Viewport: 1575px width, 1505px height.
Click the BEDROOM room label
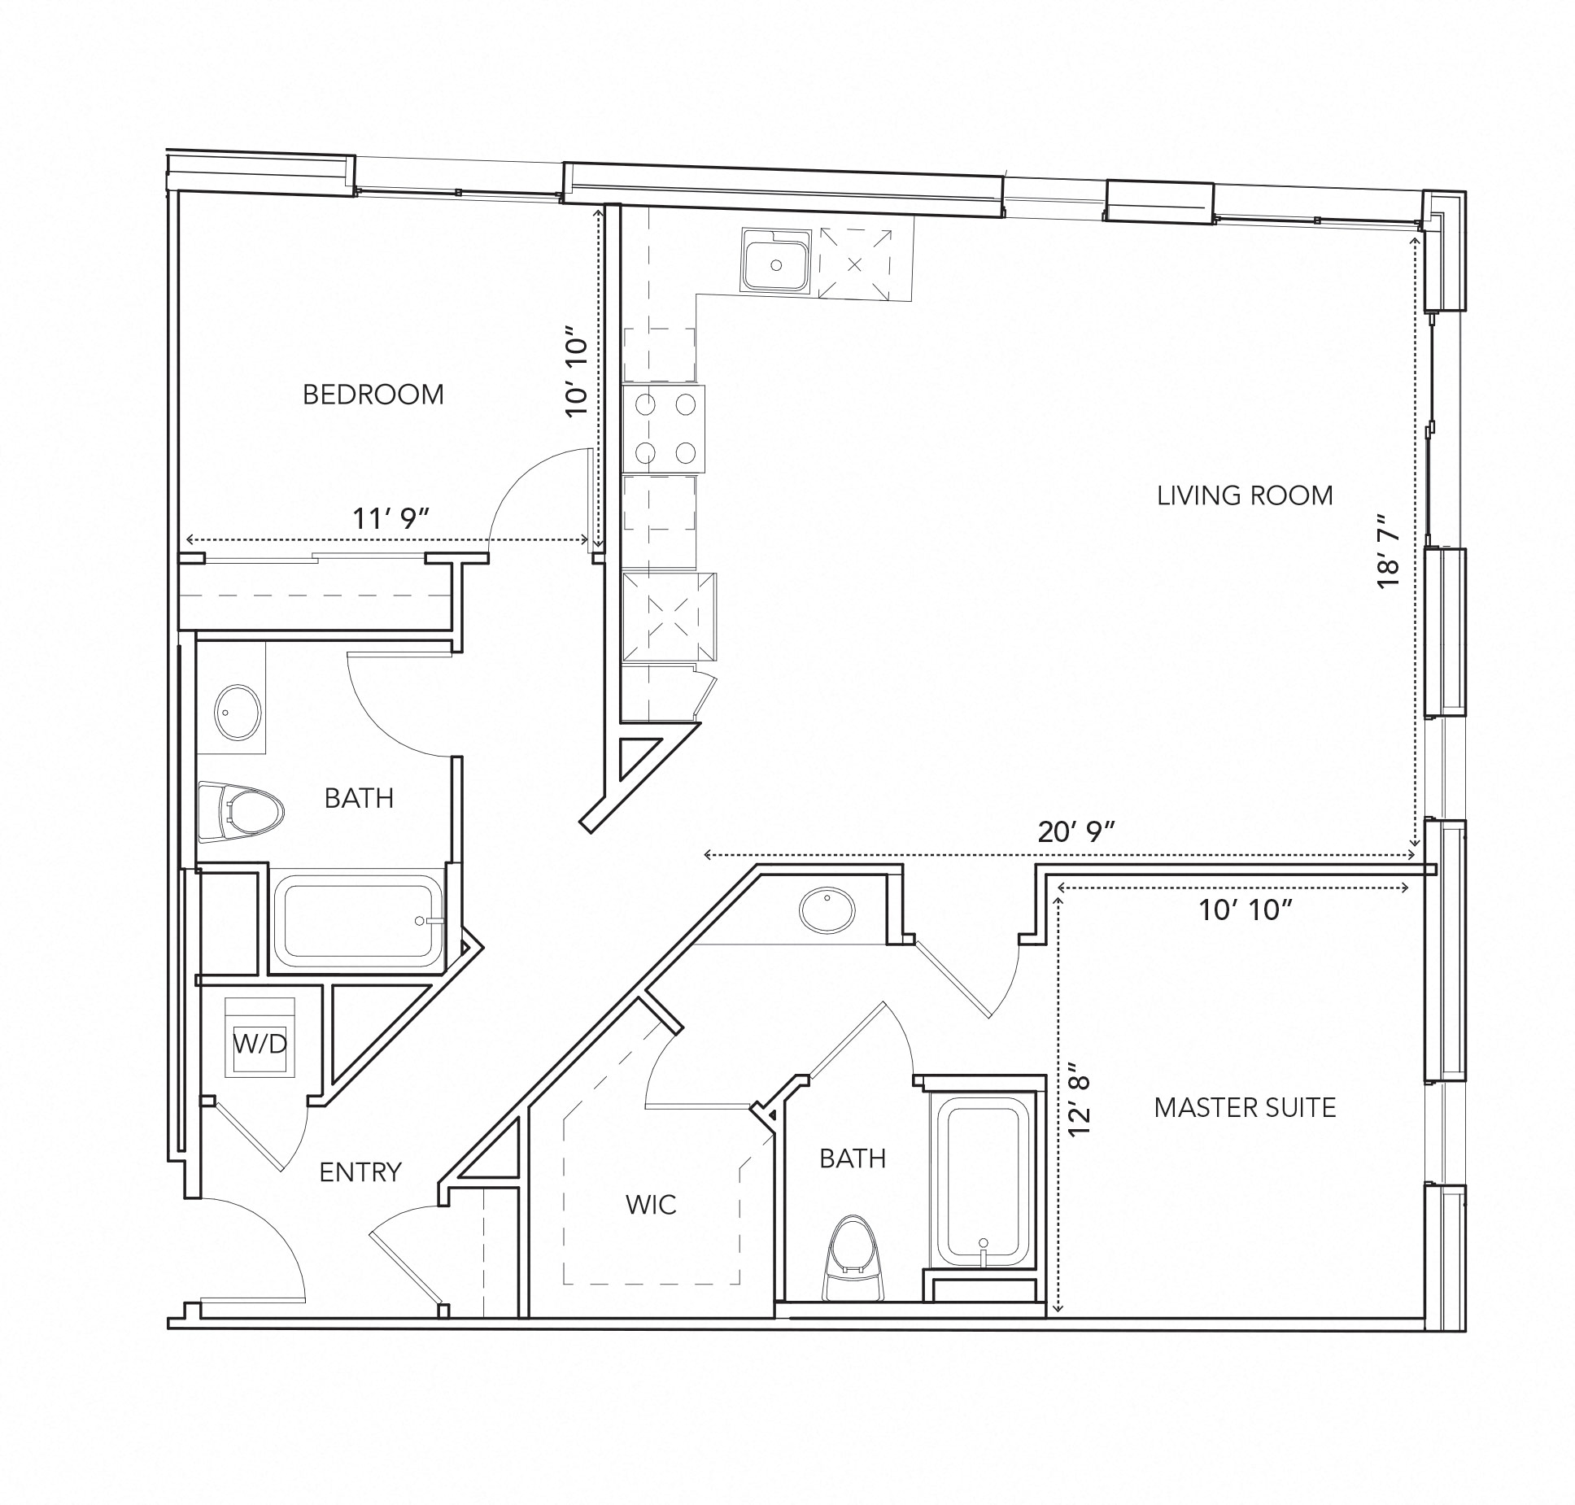pos(373,395)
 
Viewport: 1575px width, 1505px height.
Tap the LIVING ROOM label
pos(1244,495)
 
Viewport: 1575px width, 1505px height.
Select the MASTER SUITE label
pos(1244,1107)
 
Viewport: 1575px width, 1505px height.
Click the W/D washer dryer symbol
pos(260,1044)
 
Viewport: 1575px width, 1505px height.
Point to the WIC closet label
pos(651,1205)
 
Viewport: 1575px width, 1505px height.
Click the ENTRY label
pos(360,1172)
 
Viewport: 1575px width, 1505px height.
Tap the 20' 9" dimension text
pos(1075,831)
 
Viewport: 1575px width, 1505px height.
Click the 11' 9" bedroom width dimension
pos(390,519)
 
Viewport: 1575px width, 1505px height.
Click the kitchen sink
pos(776,260)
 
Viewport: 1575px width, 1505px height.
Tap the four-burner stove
pos(664,429)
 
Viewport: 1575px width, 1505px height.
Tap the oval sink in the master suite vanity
pos(827,910)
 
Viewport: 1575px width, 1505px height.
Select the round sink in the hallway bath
pos(238,711)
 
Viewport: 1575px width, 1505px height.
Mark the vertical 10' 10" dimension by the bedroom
pos(577,371)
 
